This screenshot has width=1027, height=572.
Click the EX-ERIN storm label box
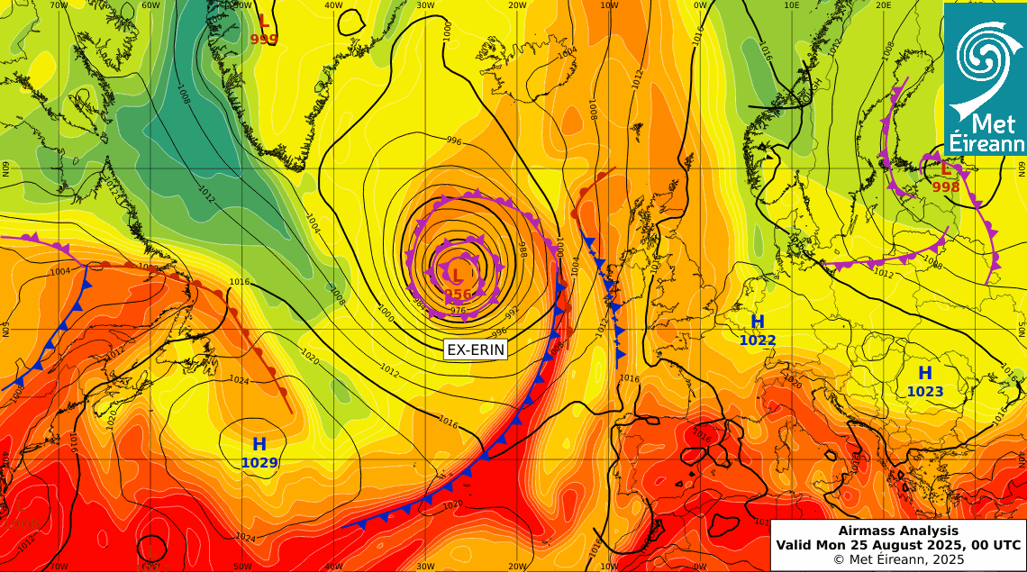476,350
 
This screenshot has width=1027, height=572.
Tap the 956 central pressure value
458,295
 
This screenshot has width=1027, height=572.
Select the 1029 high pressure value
259,463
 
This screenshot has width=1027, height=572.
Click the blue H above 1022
758,322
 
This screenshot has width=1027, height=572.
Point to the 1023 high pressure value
925,391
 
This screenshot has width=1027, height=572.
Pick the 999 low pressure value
264,40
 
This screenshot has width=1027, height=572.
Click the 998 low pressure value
946,187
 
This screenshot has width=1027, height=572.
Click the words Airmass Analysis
898,531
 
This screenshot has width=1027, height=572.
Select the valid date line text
898,545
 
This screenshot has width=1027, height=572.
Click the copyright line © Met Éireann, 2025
898,559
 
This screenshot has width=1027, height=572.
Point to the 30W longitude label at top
426,5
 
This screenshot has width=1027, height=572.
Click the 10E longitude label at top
792,5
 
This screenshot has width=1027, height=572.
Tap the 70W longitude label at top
59,5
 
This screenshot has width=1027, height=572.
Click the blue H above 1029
259,444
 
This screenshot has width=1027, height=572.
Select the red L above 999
263,22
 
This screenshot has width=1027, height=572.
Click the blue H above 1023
925,373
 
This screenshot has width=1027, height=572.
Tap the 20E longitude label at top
883,5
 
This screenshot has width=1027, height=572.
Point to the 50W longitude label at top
242,5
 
